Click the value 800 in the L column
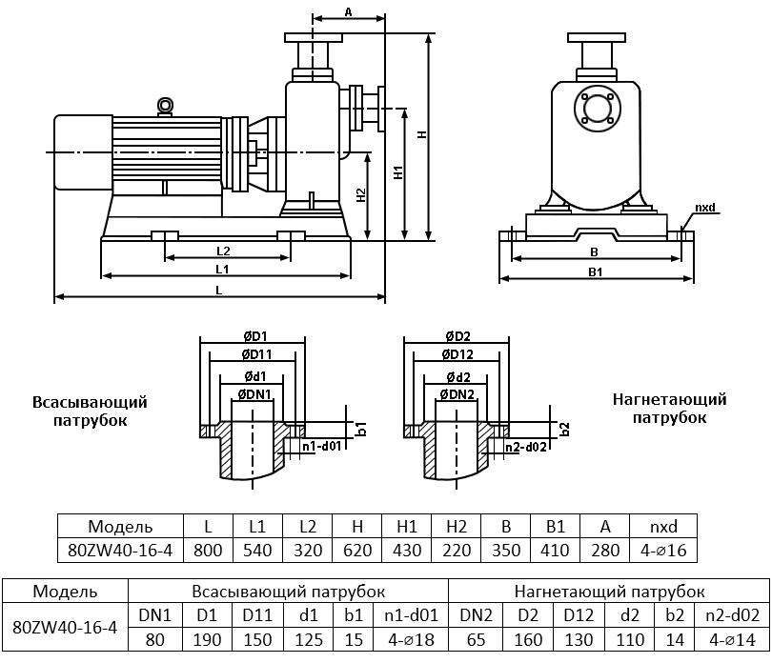pos(208,550)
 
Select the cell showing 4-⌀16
pos(664,550)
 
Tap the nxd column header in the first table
pos(664,526)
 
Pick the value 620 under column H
pos(357,550)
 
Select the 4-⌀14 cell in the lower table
pos(731,639)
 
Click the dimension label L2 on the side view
pos(224,251)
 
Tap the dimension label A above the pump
pos(348,11)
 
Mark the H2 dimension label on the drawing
pos(360,195)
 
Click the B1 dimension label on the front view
pos(595,272)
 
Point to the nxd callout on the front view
pos(704,208)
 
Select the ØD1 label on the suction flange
pos(253,336)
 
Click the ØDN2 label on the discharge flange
pos(456,393)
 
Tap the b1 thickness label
pos(362,429)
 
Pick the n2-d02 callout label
pos(523,447)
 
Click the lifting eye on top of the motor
pos(165,106)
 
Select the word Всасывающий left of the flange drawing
pos(91,402)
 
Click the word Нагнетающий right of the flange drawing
pos(669,400)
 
